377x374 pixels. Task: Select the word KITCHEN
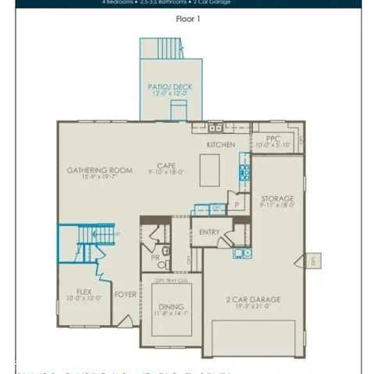(220, 145)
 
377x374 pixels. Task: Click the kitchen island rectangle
(209, 166)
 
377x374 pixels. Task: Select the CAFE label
(165, 165)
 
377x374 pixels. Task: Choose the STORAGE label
(277, 199)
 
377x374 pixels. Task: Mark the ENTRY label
(209, 231)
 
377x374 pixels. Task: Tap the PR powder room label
(155, 258)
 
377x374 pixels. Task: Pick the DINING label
(170, 307)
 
